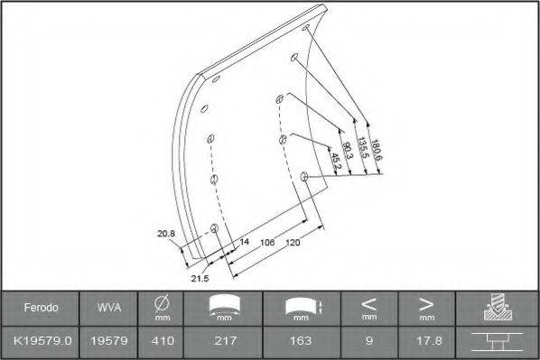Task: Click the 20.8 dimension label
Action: (x=165, y=235)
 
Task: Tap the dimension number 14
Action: (x=244, y=242)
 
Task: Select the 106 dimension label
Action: (x=265, y=243)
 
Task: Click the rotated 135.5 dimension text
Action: (x=362, y=147)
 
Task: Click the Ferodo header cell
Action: (x=42, y=308)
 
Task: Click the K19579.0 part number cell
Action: (x=42, y=341)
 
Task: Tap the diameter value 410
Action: (x=162, y=341)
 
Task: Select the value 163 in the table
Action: (x=301, y=341)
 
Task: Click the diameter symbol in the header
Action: (x=162, y=303)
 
